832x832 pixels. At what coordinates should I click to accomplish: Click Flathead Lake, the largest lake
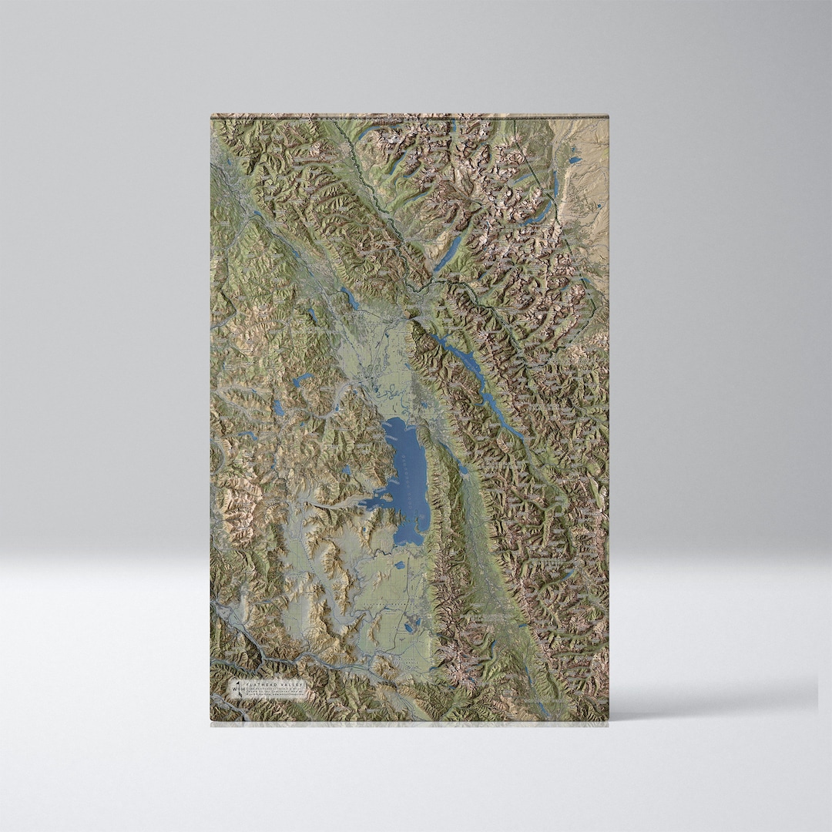408,478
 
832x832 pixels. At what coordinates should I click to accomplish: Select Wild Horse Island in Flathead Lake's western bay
384,498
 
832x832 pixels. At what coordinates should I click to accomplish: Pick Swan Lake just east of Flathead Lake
462,468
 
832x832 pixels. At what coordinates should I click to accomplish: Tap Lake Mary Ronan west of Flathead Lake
347,469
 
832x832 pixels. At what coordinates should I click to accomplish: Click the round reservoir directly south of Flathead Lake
400,565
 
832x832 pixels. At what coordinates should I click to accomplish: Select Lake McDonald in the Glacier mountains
448,251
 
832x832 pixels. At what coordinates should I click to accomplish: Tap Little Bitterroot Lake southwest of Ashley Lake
277,408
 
